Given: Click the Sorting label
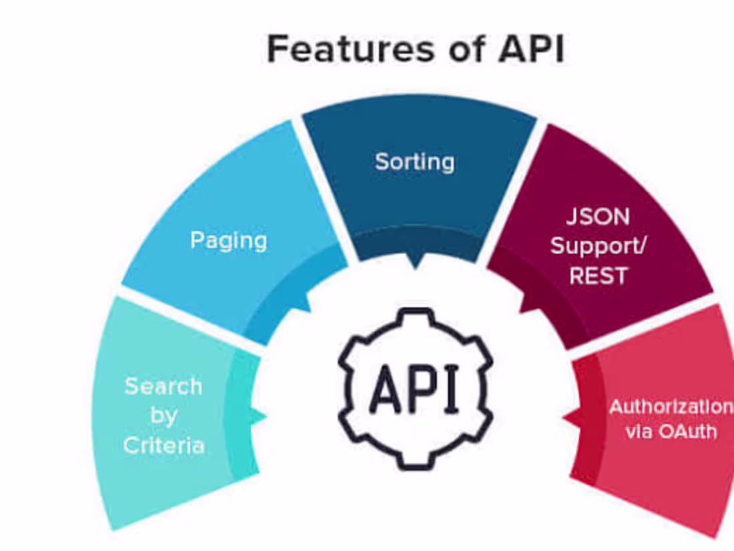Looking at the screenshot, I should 414,161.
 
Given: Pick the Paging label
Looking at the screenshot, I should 228,240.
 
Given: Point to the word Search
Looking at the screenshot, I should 163,386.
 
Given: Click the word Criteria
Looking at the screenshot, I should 163,445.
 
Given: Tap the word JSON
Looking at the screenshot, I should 598,217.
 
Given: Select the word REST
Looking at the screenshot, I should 598,275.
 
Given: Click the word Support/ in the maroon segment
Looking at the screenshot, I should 598,246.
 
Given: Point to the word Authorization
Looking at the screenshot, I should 671,407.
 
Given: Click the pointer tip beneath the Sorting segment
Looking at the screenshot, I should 414,266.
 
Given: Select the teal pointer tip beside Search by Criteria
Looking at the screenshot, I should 263,416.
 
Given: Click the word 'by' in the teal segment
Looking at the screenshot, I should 163,416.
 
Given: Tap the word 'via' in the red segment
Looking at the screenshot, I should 638,431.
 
